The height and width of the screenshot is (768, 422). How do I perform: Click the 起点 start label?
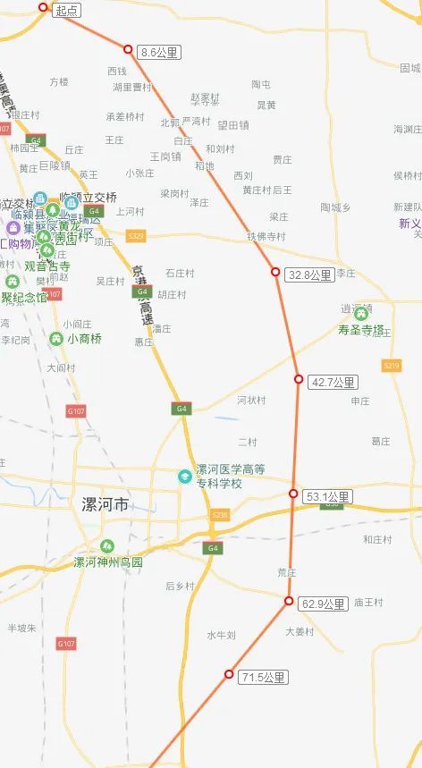click(66, 11)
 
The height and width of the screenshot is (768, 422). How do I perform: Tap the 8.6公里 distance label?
click(160, 54)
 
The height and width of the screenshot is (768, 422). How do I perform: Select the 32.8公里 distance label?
click(309, 275)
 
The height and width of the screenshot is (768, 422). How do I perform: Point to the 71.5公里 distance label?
click(264, 678)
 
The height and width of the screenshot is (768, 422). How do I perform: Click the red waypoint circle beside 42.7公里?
click(299, 379)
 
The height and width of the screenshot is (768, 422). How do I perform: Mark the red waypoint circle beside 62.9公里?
click(289, 602)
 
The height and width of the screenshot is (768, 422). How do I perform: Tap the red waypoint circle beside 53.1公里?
click(293, 494)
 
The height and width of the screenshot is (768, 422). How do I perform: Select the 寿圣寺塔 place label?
click(361, 330)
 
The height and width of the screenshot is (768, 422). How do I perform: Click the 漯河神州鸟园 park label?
click(107, 562)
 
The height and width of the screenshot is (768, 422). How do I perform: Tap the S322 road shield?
click(136, 236)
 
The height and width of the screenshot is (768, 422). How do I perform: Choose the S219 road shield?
click(391, 365)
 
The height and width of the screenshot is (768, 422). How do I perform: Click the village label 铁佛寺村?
click(266, 236)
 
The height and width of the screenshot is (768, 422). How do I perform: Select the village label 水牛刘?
click(221, 636)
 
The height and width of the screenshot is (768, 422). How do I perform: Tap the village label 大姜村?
click(300, 632)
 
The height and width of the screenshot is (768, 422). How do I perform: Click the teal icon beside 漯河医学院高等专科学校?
click(185, 476)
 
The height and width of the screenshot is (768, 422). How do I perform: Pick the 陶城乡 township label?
click(335, 207)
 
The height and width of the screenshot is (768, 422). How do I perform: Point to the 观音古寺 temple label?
click(47, 266)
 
